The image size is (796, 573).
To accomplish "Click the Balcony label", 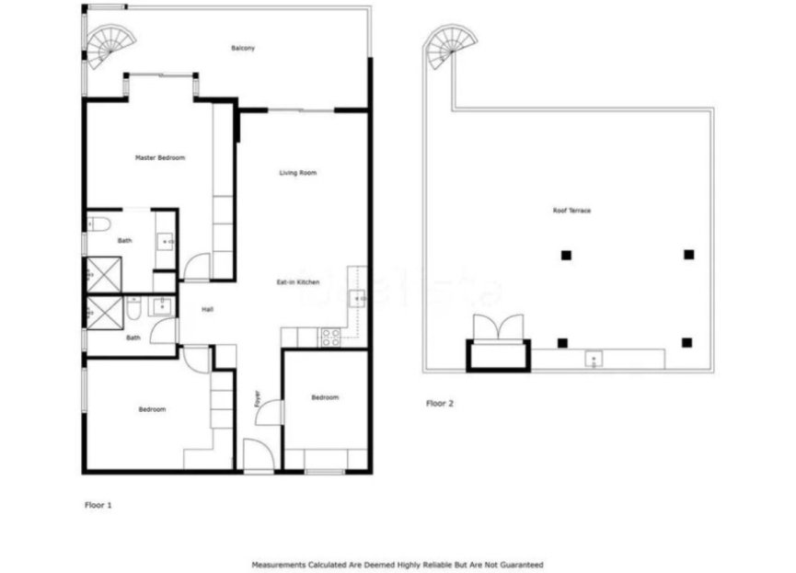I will [x=243, y=48].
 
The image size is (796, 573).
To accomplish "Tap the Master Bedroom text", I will [x=160, y=158].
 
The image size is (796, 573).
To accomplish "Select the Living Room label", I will [x=298, y=173].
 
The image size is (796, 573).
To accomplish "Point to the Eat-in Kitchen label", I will [x=298, y=281].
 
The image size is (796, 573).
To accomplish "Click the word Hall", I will [x=208, y=309].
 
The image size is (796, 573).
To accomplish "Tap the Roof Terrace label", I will [x=571, y=211].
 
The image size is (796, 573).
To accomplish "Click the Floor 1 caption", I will [x=98, y=505].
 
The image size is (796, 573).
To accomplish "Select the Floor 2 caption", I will [x=439, y=403].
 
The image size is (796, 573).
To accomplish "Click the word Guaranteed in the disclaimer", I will [x=521, y=564].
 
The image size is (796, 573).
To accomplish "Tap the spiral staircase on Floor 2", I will [x=452, y=46].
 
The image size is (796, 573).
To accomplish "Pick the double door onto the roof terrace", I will [x=497, y=328].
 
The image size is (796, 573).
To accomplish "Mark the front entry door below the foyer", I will [x=258, y=456].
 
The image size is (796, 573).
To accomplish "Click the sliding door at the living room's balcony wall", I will [x=300, y=110].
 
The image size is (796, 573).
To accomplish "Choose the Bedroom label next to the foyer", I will [x=325, y=397].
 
